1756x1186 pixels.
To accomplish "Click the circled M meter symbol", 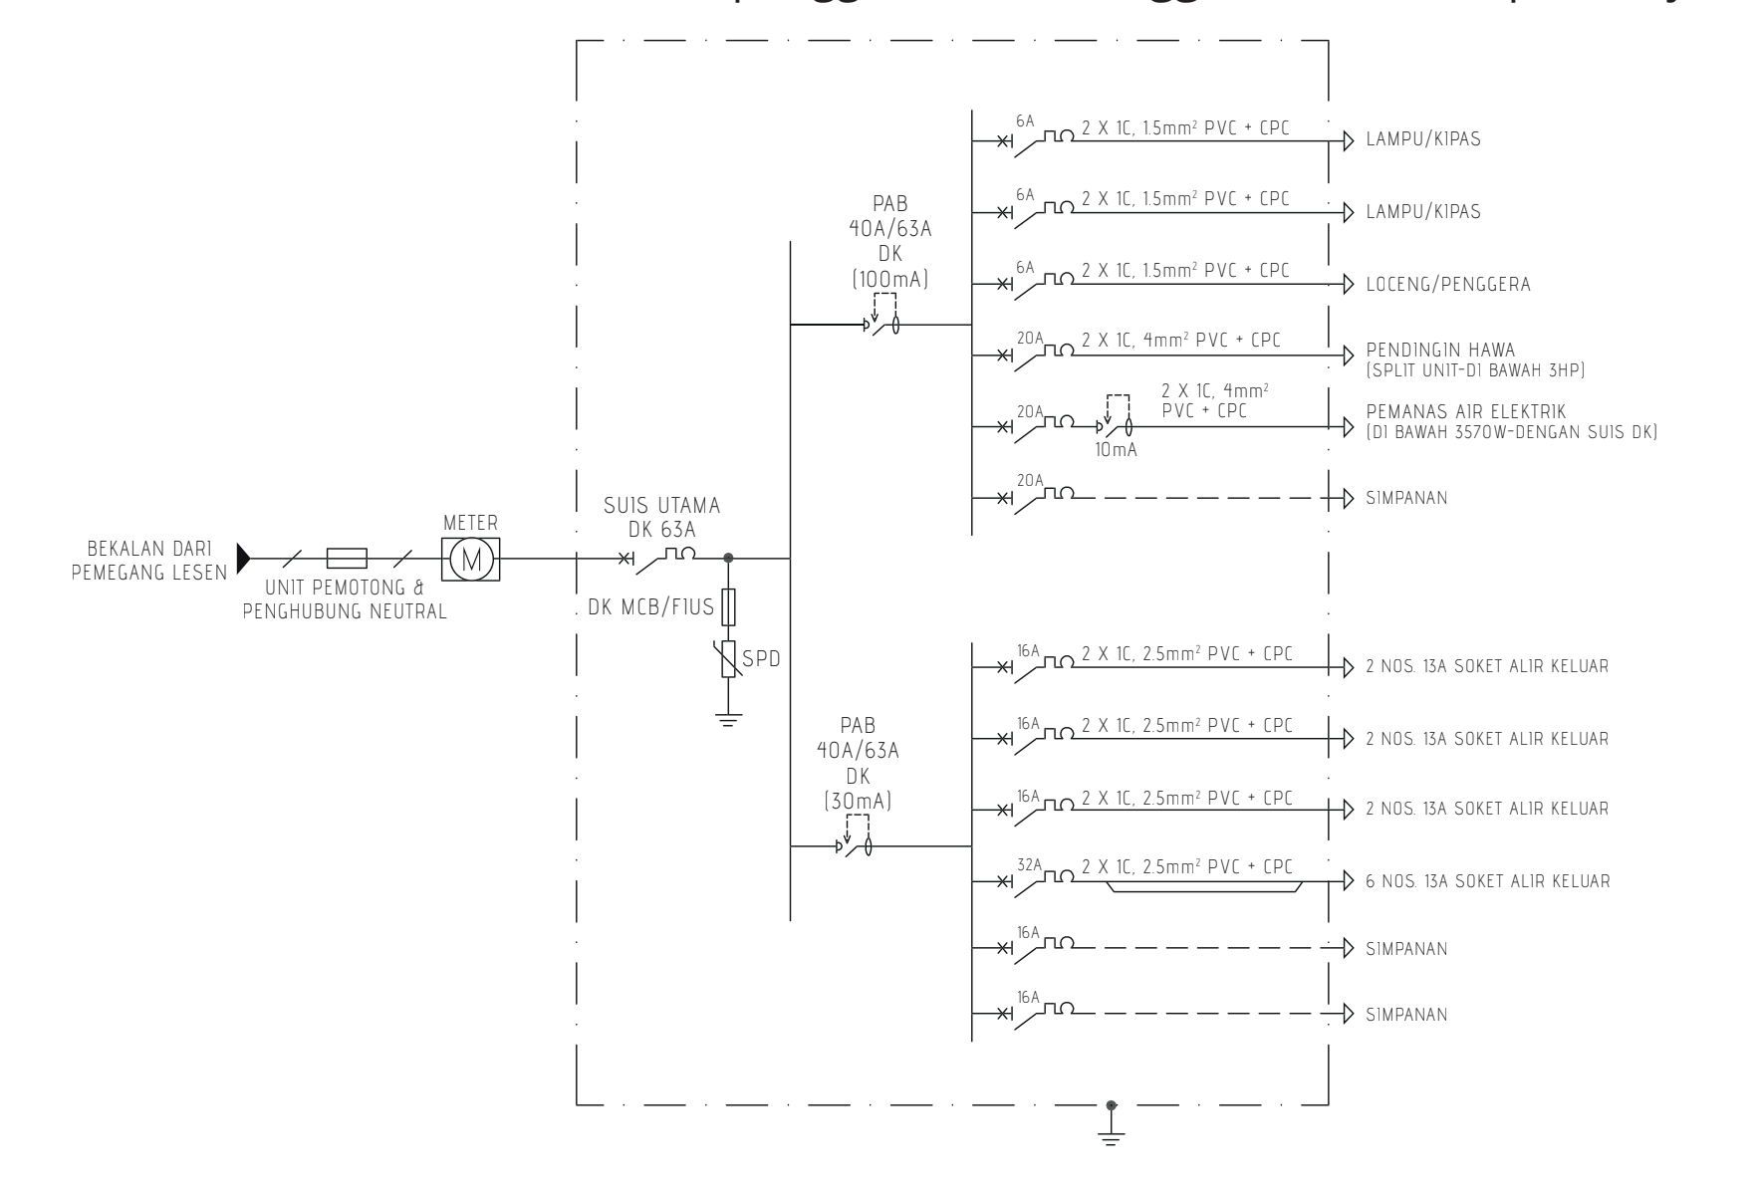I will tap(470, 559).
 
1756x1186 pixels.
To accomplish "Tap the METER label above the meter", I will tap(470, 524).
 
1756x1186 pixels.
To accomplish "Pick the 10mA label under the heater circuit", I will tap(1115, 450).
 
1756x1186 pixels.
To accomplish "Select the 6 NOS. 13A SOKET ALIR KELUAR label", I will tap(1487, 881).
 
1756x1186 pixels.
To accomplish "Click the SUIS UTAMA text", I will tap(661, 507).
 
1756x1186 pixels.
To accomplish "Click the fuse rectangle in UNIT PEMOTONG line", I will tap(348, 558).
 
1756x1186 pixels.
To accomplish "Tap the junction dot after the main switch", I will tap(729, 558).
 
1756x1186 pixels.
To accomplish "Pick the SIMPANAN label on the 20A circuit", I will tap(1406, 498).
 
